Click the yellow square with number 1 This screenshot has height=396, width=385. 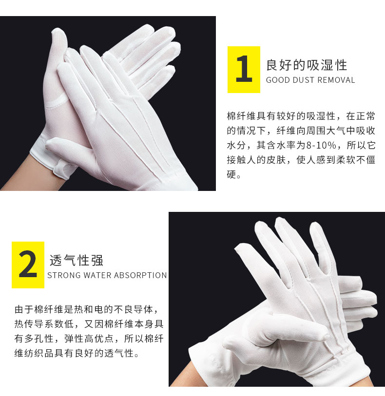click(x=244, y=70)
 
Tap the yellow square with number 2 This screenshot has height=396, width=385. click(x=28, y=264)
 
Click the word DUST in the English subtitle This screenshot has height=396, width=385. click(x=303, y=80)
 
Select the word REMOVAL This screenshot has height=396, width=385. click(x=336, y=80)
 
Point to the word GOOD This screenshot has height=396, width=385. click(x=278, y=80)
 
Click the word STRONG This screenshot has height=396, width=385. click(x=64, y=275)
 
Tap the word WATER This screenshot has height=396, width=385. click(x=94, y=275)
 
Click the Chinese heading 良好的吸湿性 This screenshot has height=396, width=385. click(x=307, y=65)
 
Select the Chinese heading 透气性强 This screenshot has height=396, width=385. click(x=77, y=261)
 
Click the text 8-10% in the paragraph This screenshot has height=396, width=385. click(x=321, y=146)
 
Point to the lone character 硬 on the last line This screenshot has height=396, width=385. click(x=231, y=174)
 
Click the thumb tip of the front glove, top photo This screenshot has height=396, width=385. click(x=49, y=144)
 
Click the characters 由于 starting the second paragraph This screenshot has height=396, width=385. click(x=24, y=309)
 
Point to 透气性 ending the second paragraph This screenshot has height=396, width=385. click(x=119, y=353)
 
